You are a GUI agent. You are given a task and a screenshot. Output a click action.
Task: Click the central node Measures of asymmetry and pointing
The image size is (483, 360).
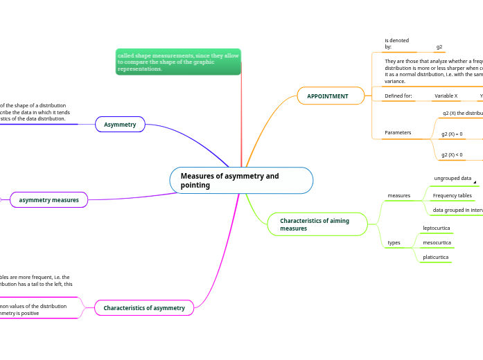tap(240, 180)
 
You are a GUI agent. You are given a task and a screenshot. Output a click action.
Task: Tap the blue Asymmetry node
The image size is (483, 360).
tap(120, 124)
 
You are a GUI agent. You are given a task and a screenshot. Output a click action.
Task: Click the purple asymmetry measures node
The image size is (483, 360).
tap(49, 199)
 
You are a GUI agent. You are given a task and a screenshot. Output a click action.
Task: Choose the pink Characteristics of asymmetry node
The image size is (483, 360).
tap(144, 307)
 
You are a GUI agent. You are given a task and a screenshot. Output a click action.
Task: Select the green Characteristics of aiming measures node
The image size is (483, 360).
tap(317, 224)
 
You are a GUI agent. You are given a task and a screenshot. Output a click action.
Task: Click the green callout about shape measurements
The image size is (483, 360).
tap(178, 62)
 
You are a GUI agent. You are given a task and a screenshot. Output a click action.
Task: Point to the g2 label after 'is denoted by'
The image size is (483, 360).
tap(439, 47)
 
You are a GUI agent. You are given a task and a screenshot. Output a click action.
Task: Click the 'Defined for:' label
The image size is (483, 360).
tap(398, 96)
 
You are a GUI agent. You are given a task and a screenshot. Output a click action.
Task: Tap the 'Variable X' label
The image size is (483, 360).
tap(446, 96)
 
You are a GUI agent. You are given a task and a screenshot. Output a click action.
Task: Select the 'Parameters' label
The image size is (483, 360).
tap(398, 132)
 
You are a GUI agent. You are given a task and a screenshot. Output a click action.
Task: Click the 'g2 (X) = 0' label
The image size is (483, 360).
tap(452, 134)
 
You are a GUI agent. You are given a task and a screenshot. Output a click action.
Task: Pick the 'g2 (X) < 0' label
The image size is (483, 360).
tap(452, 154)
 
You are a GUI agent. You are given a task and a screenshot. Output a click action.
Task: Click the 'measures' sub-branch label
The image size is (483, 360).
tap(398, 195)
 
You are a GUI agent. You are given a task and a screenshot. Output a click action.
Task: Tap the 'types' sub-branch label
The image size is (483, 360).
tap(394, 242)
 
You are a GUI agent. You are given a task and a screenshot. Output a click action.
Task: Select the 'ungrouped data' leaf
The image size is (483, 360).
tap(453, 178)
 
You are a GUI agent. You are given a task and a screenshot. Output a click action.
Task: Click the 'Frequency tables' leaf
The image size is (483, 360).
tap(452, 195)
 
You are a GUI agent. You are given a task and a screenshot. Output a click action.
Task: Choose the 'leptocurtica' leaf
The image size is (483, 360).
tap(436, 228)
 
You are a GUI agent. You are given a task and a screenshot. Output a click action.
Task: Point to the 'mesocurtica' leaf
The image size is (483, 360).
tap(437, 242)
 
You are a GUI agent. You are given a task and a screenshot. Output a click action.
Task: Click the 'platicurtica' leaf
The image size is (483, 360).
tap(435, 257)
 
